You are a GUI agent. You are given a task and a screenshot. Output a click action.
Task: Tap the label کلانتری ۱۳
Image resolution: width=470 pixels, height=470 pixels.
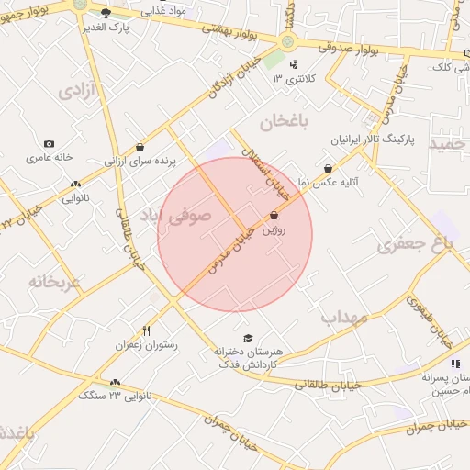(294, 79)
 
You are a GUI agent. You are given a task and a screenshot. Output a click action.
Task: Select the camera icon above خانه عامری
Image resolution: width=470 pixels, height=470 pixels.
(49, 143)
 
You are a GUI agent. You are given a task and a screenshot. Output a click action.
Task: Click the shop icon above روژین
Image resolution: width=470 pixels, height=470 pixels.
(274, 217)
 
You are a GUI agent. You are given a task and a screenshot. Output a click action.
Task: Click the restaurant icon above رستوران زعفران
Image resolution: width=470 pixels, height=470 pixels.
(146, 330)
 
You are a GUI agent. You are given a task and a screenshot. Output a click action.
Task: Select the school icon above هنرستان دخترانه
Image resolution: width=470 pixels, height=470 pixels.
(245, 338)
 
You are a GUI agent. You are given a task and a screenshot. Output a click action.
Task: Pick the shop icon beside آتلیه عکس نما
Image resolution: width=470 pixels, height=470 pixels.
(328, 169)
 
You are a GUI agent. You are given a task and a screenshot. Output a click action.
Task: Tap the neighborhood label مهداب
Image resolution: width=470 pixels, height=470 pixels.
(344, 317)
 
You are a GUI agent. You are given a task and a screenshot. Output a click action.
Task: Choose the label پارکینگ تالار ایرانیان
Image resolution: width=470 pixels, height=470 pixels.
(373, 141)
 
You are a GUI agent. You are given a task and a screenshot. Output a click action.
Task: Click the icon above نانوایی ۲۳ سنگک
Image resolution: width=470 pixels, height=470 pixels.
(115, 382)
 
